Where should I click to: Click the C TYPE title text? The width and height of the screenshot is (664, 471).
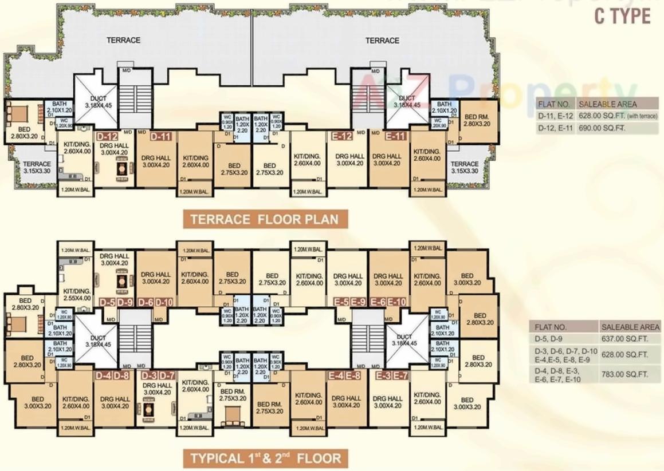622,16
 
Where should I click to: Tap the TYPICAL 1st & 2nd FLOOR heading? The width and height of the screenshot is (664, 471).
265,458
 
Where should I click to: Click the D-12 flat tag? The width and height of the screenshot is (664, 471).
107,137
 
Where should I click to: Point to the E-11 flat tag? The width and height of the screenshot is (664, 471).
396,137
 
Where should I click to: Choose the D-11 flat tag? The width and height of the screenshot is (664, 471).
161,137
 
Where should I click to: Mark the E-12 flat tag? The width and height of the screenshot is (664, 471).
341,137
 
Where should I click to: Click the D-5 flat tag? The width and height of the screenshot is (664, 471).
108,302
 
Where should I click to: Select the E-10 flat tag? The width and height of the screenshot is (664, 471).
396,302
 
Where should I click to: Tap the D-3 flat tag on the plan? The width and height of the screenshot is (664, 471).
149,375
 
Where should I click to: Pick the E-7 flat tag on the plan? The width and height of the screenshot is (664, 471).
401,375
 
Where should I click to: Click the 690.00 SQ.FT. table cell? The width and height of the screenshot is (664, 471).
601,128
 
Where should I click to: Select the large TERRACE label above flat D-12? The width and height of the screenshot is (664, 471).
123,40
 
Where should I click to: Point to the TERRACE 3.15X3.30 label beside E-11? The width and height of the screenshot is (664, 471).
464,167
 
